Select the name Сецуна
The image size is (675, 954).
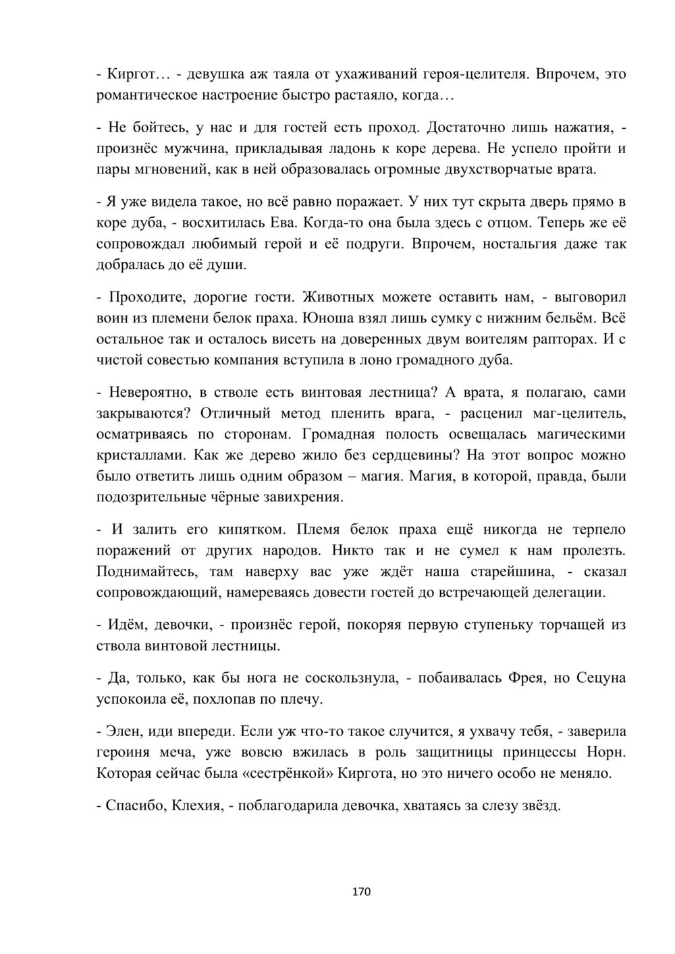(601, 678)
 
